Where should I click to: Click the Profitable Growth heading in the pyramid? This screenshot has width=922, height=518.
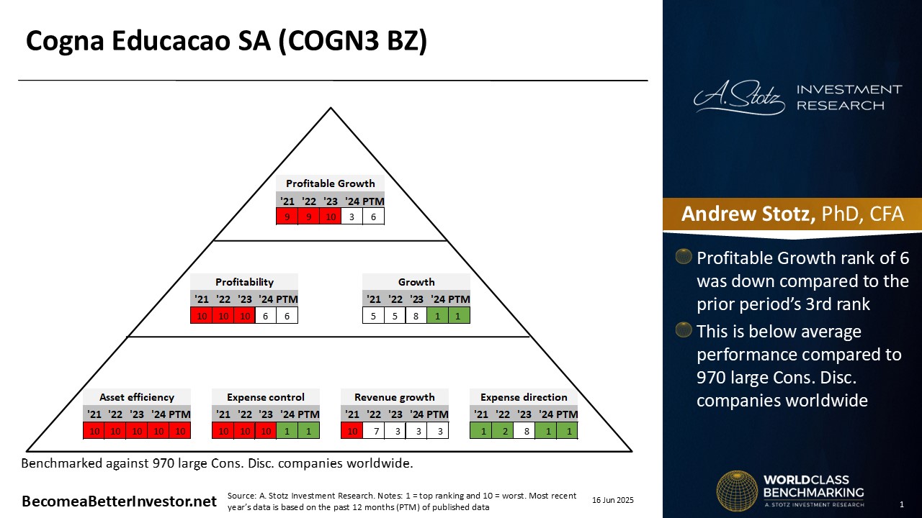(x=330, y=183)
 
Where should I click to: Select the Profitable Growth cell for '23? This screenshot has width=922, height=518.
(x=330, y=217)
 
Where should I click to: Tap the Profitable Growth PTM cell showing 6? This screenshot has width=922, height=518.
(x=373, y=217)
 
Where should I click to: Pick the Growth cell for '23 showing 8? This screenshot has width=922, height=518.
(x=416, y=316)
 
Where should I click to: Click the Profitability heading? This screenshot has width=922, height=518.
(x=244, y=282)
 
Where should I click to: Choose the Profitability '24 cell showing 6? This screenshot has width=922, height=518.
(x=266, y=316)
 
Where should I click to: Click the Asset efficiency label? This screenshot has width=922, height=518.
(x=137, y=397)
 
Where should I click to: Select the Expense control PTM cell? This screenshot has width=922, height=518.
(x=309, y=431)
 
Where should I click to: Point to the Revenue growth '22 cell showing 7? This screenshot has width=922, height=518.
(x=373, y=431)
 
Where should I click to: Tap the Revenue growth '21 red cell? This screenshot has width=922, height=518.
(x=352, y=431)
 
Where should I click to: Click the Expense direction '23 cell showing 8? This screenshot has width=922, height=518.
(x=524, y=431)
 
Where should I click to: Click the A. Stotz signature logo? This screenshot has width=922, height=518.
(x=739, y=97)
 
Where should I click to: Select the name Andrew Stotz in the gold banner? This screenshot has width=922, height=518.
(x=748, y=214)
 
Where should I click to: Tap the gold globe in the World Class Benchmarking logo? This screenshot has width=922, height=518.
(x=737, y=491)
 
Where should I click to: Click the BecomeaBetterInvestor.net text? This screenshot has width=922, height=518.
(x=119, y=501)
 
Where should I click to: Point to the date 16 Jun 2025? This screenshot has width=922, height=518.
(x=613, y=500)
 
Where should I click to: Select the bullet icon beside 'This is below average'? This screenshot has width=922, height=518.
(x=684, y=330)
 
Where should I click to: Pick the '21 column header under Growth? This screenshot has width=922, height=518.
(x=373, y=299)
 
